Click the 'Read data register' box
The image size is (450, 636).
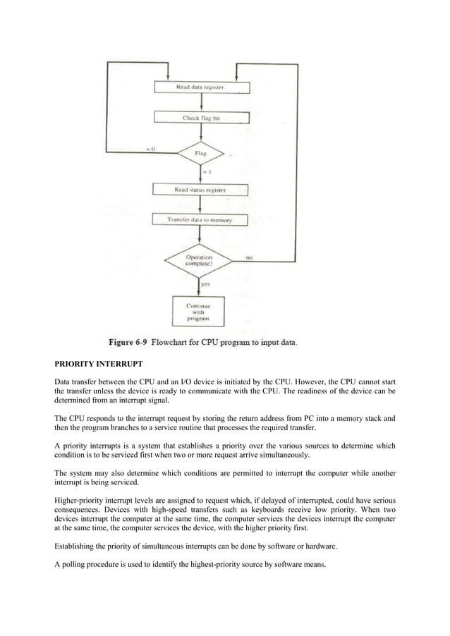(x=201, y=87)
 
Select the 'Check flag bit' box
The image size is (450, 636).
(x=201, y=118)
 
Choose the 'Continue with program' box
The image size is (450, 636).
(x=198, y=311)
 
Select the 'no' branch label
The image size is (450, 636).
(x=249, y=257)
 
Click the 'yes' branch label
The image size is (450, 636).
(x=206, y=284)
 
